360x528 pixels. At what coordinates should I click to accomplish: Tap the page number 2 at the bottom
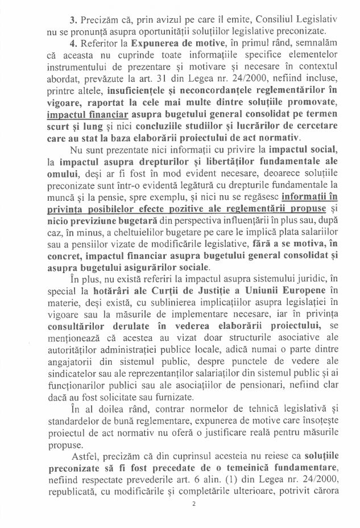tap(193, 518)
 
